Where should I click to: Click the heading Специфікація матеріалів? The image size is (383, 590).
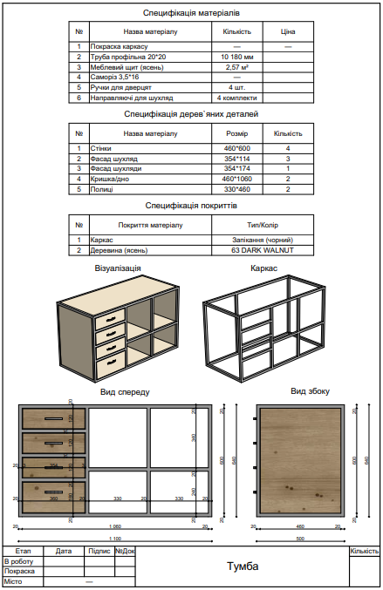tap(191, 14)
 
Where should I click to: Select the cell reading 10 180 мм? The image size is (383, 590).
tap(236, 56)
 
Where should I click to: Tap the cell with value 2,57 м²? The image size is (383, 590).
tap(236, 66)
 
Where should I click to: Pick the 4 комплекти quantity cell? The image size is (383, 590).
tap(236, 98)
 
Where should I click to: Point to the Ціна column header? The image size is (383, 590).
tap(288, 31)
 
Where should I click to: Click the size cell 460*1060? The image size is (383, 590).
tap(236, 179)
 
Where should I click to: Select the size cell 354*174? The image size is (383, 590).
tap(236, 168)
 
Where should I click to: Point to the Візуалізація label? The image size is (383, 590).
tap(118, 269)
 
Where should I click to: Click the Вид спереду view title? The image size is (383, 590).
tap(125, 392)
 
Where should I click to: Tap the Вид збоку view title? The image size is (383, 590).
tap(310, 391)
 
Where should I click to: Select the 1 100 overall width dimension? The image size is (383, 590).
tap(115, 539)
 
